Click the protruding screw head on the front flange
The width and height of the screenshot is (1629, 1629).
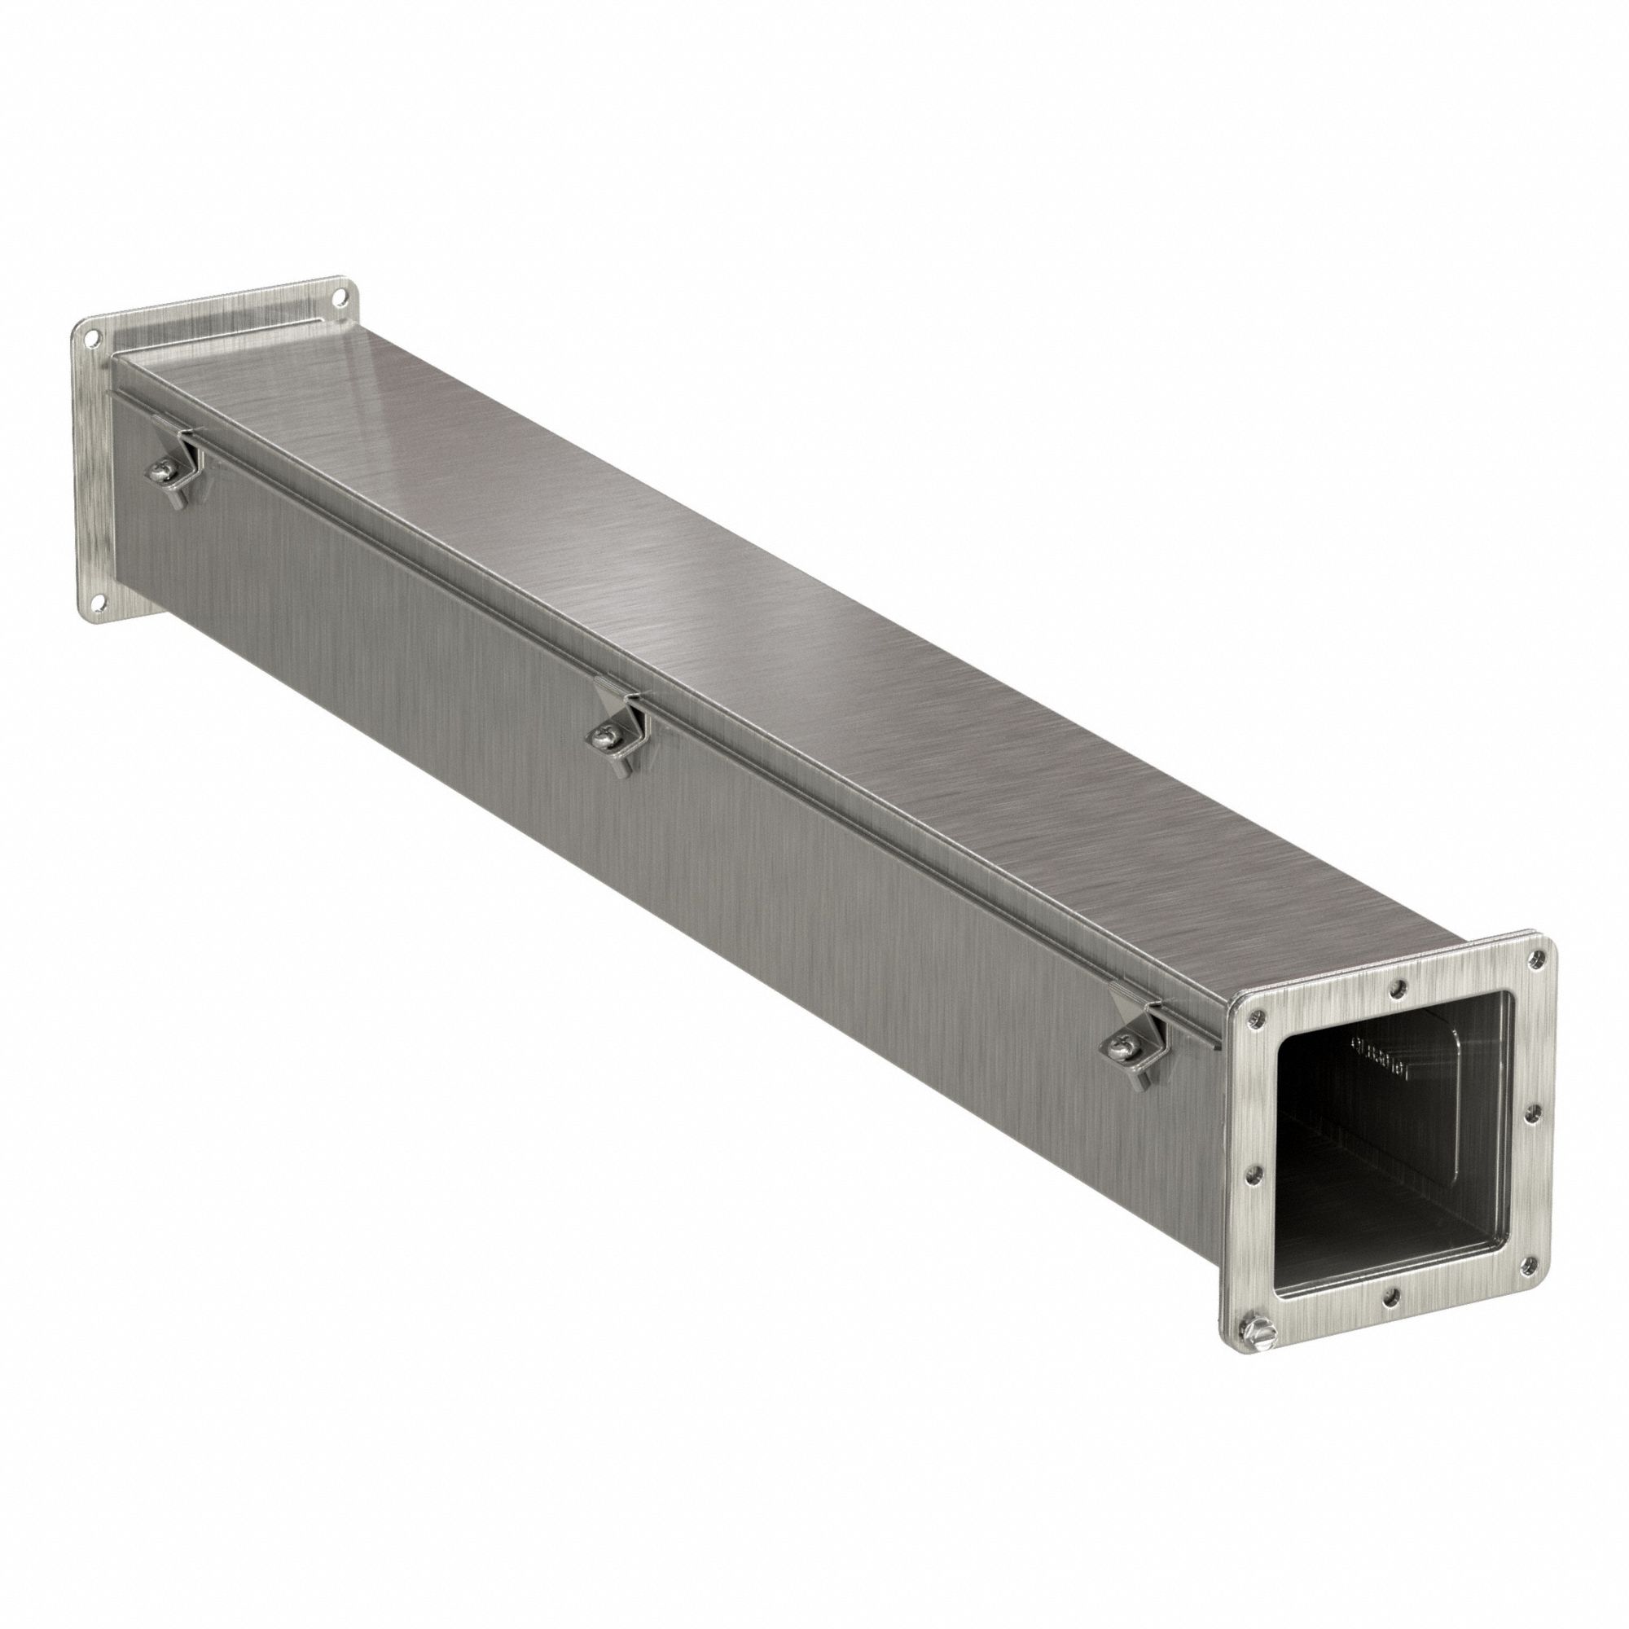click(x=1251, y=1332)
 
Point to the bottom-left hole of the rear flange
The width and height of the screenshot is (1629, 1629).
click(x=99, y=602)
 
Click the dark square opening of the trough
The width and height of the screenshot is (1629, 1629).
click(x=1383, y=1180)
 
